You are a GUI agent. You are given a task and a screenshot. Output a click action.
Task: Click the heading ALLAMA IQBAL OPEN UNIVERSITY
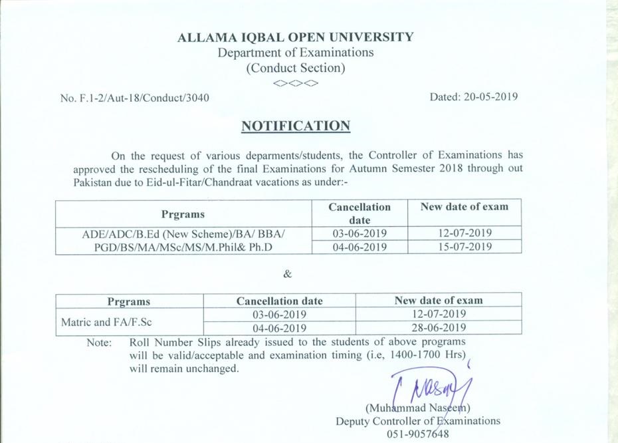click(x=295, y=37)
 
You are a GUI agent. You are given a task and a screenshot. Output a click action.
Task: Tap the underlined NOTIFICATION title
click(x=295, y=126)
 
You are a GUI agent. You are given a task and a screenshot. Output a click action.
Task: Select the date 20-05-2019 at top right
click(x=474, y=96)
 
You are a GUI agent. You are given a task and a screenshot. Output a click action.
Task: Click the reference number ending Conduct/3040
click(x=135, y=98)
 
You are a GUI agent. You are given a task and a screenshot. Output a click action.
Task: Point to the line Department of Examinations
click(x=295, y=53)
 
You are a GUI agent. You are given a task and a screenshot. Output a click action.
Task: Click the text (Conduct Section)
click(x=295, y=68)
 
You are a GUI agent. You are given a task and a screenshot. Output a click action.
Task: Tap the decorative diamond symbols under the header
click(x=295, y=84)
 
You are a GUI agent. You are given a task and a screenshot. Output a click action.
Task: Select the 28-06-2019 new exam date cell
click(x=438, y=328)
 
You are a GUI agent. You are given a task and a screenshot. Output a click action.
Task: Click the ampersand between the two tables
click(x=287, y=274)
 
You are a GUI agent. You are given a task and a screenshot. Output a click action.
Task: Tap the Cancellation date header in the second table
click(x=279, y=301)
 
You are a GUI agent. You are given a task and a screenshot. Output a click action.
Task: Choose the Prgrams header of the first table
click(x=183, y=214)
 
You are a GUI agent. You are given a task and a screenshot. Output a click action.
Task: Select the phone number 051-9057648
click(x=417, y=434)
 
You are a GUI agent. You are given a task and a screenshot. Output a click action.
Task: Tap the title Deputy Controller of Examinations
click(x=417, y=421)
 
